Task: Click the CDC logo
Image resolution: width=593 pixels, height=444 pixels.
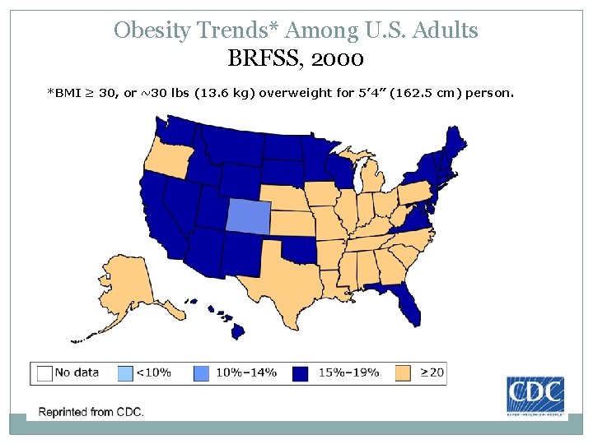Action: click(x=535, y=395)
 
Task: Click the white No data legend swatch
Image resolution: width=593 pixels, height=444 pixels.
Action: click(x=44, y=372)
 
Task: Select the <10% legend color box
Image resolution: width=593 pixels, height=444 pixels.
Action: click(x=124, y=372)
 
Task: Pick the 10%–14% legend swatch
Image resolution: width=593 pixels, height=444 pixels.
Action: click(x=203, y=372)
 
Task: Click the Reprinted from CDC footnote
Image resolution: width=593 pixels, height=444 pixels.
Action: click(x=91, y=411)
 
